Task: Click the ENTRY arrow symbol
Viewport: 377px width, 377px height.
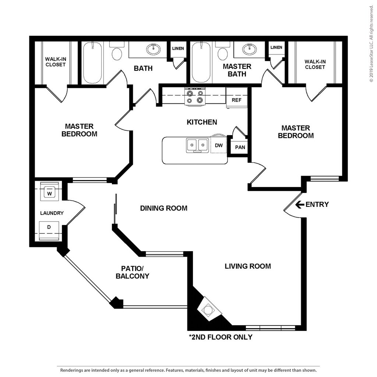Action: (299, 204)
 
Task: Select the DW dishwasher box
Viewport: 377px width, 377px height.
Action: (219, 145)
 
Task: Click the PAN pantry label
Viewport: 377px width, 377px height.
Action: (240, 147)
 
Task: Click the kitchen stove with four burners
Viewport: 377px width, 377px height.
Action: (195, 96)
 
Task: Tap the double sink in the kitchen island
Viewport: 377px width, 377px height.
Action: (197, 145)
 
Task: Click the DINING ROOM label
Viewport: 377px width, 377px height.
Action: (163, 208)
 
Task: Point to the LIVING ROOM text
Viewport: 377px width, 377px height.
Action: (248, 266)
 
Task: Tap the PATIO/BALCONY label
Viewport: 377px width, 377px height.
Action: (133, 272)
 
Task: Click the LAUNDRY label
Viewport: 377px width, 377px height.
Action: (52, 213)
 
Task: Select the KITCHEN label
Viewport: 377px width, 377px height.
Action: (202, 122)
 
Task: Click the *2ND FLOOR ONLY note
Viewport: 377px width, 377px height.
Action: (221, 337)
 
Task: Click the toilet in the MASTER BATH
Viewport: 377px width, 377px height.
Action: (222, 52)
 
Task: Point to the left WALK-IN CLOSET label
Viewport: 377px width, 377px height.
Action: (55, 62)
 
